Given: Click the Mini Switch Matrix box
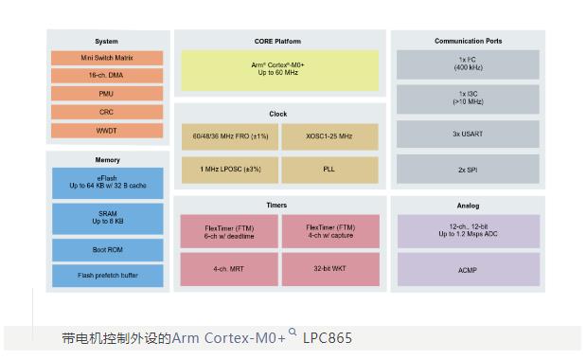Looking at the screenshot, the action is (107, 58).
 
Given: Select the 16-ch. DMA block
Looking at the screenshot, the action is (107, 76).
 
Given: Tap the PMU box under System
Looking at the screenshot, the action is (107, 94).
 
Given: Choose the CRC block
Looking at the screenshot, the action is (107, 112).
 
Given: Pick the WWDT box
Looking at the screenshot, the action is (107, 131).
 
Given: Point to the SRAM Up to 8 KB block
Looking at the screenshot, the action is (107, 217).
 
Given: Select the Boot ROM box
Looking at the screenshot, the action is (107, 249).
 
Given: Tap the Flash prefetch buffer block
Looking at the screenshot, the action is (107, 276).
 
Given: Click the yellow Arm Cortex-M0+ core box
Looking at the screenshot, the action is (279, 70).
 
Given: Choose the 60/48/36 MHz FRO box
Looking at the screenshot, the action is (230, 136).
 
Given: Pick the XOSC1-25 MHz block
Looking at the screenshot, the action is (329, 136).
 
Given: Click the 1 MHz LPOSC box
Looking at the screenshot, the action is (230, 170).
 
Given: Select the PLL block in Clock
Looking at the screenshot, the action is (329, 170).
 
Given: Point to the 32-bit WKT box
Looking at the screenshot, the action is (329, 269).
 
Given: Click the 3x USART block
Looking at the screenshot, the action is (468, 134).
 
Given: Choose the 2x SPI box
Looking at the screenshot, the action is (468, 170).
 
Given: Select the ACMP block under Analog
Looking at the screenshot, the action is (468, 269).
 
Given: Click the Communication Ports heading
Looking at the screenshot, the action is (468, 41).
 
